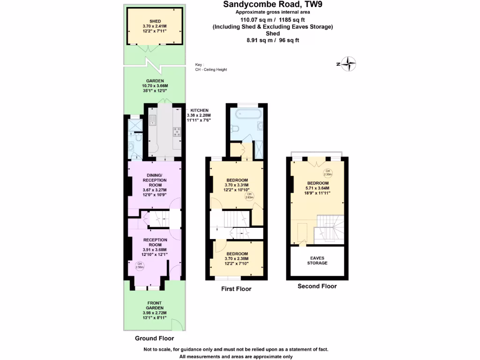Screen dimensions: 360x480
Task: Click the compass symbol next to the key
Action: pos(349,64)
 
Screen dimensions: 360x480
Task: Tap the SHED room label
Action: pos(155,22)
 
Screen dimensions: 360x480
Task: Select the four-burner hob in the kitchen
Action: pos(177,132)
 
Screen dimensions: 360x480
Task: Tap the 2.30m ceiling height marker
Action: pos(328,172)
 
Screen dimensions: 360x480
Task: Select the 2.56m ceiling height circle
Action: pos(139,266)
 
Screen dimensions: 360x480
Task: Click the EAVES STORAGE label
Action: pos(317,260)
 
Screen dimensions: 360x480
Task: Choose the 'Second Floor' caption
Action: pos(317,286)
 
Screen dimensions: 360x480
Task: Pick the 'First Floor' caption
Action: pos(236,289)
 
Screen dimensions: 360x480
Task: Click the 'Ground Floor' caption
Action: pos(154,338)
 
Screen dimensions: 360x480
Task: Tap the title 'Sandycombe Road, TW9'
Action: pos(272,5)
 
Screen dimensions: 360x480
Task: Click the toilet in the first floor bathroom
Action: pos(236,128)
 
